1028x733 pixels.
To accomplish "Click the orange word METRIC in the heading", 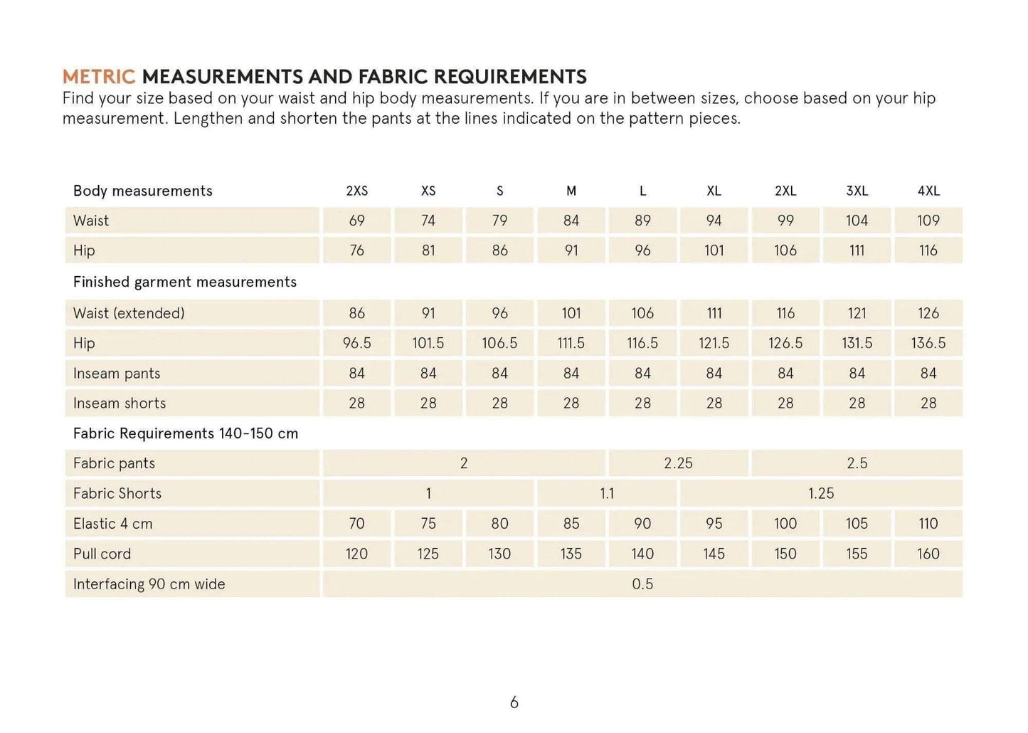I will (x=98, y=77).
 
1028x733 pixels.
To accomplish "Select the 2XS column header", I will (x=356, y=191).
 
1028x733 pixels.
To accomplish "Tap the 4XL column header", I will (x=928, y=191).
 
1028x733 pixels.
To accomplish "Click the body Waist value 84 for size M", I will (x=571, y=221).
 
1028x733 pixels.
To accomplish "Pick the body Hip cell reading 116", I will (x=928, y=251).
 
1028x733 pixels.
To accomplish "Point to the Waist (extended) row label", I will (x=129, y=313).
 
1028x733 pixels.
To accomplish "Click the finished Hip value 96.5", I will (x=356, y=343).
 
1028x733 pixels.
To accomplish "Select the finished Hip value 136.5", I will (x=928, y=343).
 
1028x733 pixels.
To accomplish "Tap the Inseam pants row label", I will (x=117, y=374).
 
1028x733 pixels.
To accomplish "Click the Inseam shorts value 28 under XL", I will (x=714, y=404).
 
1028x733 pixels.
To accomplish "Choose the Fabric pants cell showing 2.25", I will (x=678, y=463).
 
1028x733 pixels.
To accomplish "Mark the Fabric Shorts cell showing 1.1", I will (x=606, y=493).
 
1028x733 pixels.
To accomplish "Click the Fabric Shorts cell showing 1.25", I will (x=820, y=493).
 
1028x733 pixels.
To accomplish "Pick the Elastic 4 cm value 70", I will (x=356, y=524).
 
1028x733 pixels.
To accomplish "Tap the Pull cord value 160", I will (x=928, y=554).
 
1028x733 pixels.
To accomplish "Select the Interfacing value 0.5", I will (x=642, y=584).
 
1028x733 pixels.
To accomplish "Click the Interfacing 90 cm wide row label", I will (x=149, y=584).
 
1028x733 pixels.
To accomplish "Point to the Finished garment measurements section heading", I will (x=184, y=282).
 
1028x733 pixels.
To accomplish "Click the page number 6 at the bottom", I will (x=514, y=703).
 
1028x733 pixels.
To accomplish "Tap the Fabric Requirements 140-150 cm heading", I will (x=185, y=433).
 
